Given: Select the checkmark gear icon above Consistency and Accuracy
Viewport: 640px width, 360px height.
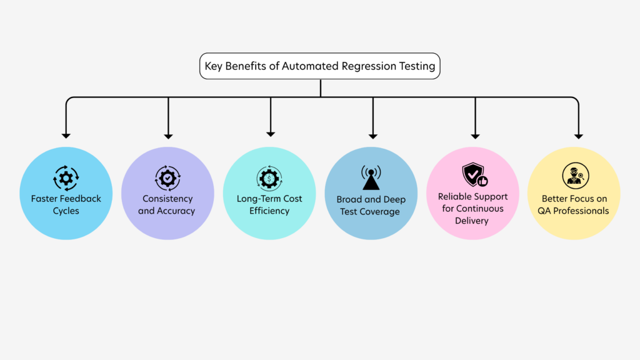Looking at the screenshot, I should (x=167, y=178).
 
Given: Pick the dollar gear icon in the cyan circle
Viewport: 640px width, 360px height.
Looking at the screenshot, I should (x=269, y=179).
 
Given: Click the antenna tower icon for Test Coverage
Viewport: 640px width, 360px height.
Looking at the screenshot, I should (x=371, y=178).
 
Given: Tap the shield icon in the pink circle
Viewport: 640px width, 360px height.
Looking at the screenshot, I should (x=474, y=175).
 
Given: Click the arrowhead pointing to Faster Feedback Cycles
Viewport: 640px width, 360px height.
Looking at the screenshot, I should (x=66, y=135).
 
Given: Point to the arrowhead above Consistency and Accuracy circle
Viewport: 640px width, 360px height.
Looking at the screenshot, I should (x=168, y=135).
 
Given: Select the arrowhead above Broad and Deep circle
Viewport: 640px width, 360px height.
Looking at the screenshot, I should (x=373, y=135).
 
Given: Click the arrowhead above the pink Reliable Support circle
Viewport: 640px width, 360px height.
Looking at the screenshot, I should (x=475, y=135).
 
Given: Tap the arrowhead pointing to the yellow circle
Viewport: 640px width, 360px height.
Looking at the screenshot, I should (x=578, y=135).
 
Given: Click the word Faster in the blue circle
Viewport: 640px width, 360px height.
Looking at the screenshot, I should (x=46, y=199).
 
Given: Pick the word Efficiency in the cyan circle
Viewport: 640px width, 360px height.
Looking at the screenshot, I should (x=269, y=211).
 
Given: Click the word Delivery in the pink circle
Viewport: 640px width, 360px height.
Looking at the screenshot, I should (x=473, y=220).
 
